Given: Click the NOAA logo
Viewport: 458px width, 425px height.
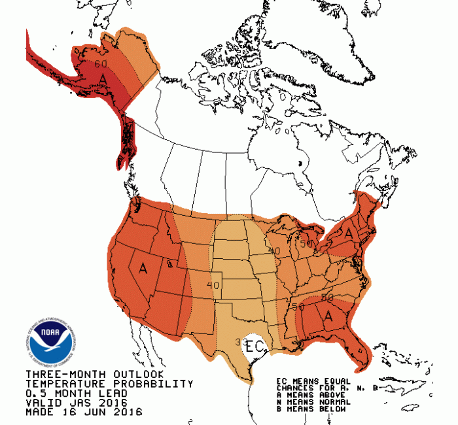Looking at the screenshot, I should click(x=49, y=342).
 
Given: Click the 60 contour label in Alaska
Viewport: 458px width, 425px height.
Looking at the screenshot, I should click(x=100, y=64).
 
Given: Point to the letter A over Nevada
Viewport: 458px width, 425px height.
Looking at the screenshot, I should click(x=143, y=267).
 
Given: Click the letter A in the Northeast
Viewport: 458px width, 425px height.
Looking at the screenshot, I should click(x=349, y=232).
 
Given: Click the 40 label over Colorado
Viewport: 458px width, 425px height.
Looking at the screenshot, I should click(x=212, y=285).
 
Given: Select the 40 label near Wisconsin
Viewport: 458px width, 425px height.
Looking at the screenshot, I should click(x=274, y=251).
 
